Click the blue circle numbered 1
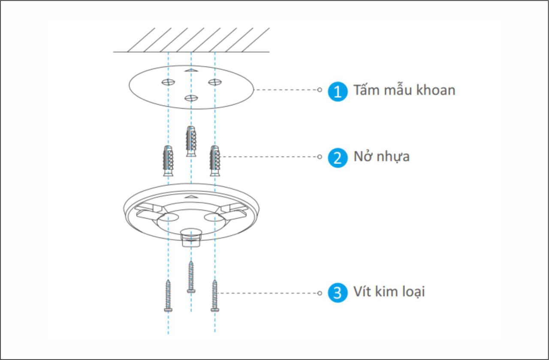tap(338, 91)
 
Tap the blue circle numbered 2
tap(338, 158)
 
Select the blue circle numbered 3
tap(338, 293)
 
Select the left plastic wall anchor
tap(168, 161)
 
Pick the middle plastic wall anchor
tap(191, 141)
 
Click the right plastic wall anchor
tap(215, 161)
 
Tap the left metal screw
tap(168, 296)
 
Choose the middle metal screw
tap(191, 277)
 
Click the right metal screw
tap(215, 296)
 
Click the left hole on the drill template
tap(168, 82)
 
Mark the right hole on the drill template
tap(215, 82)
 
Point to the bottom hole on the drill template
tap(191, 98)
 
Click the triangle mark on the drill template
tap(191, 70)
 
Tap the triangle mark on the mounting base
tap(191, 196)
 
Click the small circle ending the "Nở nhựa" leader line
tap(320, 157)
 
